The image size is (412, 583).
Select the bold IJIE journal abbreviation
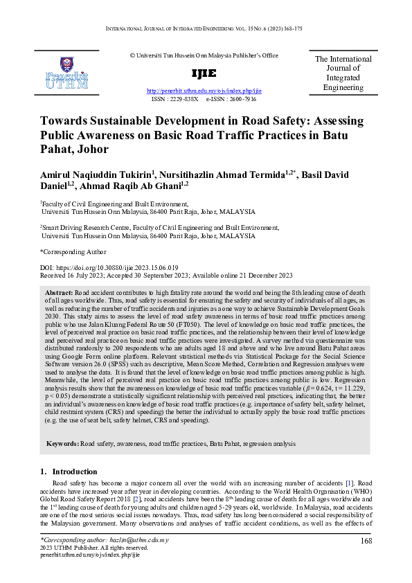[205, 73]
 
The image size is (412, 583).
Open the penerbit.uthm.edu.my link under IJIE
[205, 91]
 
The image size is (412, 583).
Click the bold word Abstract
[69, 293]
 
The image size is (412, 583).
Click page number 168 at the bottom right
[366, 540]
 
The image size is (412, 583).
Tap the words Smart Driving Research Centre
[80, 227]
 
